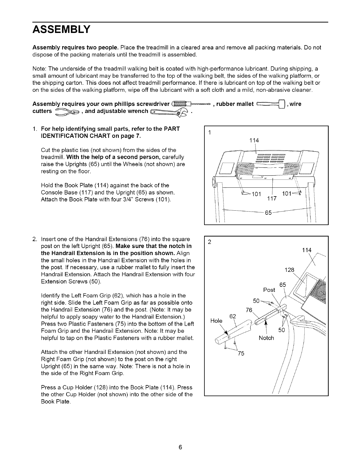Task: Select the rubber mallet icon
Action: pyautogui.click(x=271, y=104)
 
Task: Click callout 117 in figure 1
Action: pyautogui.click(x=272, y=199)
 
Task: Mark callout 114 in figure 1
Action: pyautogui.click(x=254, y=141)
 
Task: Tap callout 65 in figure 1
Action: pyautogui.click(x=268, y=213)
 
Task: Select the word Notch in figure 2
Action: pyautogui.click(x=266, y=338)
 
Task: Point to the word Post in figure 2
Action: pyautogui.click(x=269, y=290)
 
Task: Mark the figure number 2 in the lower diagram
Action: pyautogui.click(x=209, y=242)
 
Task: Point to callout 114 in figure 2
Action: pyautogui.click(x=306, y=250)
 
